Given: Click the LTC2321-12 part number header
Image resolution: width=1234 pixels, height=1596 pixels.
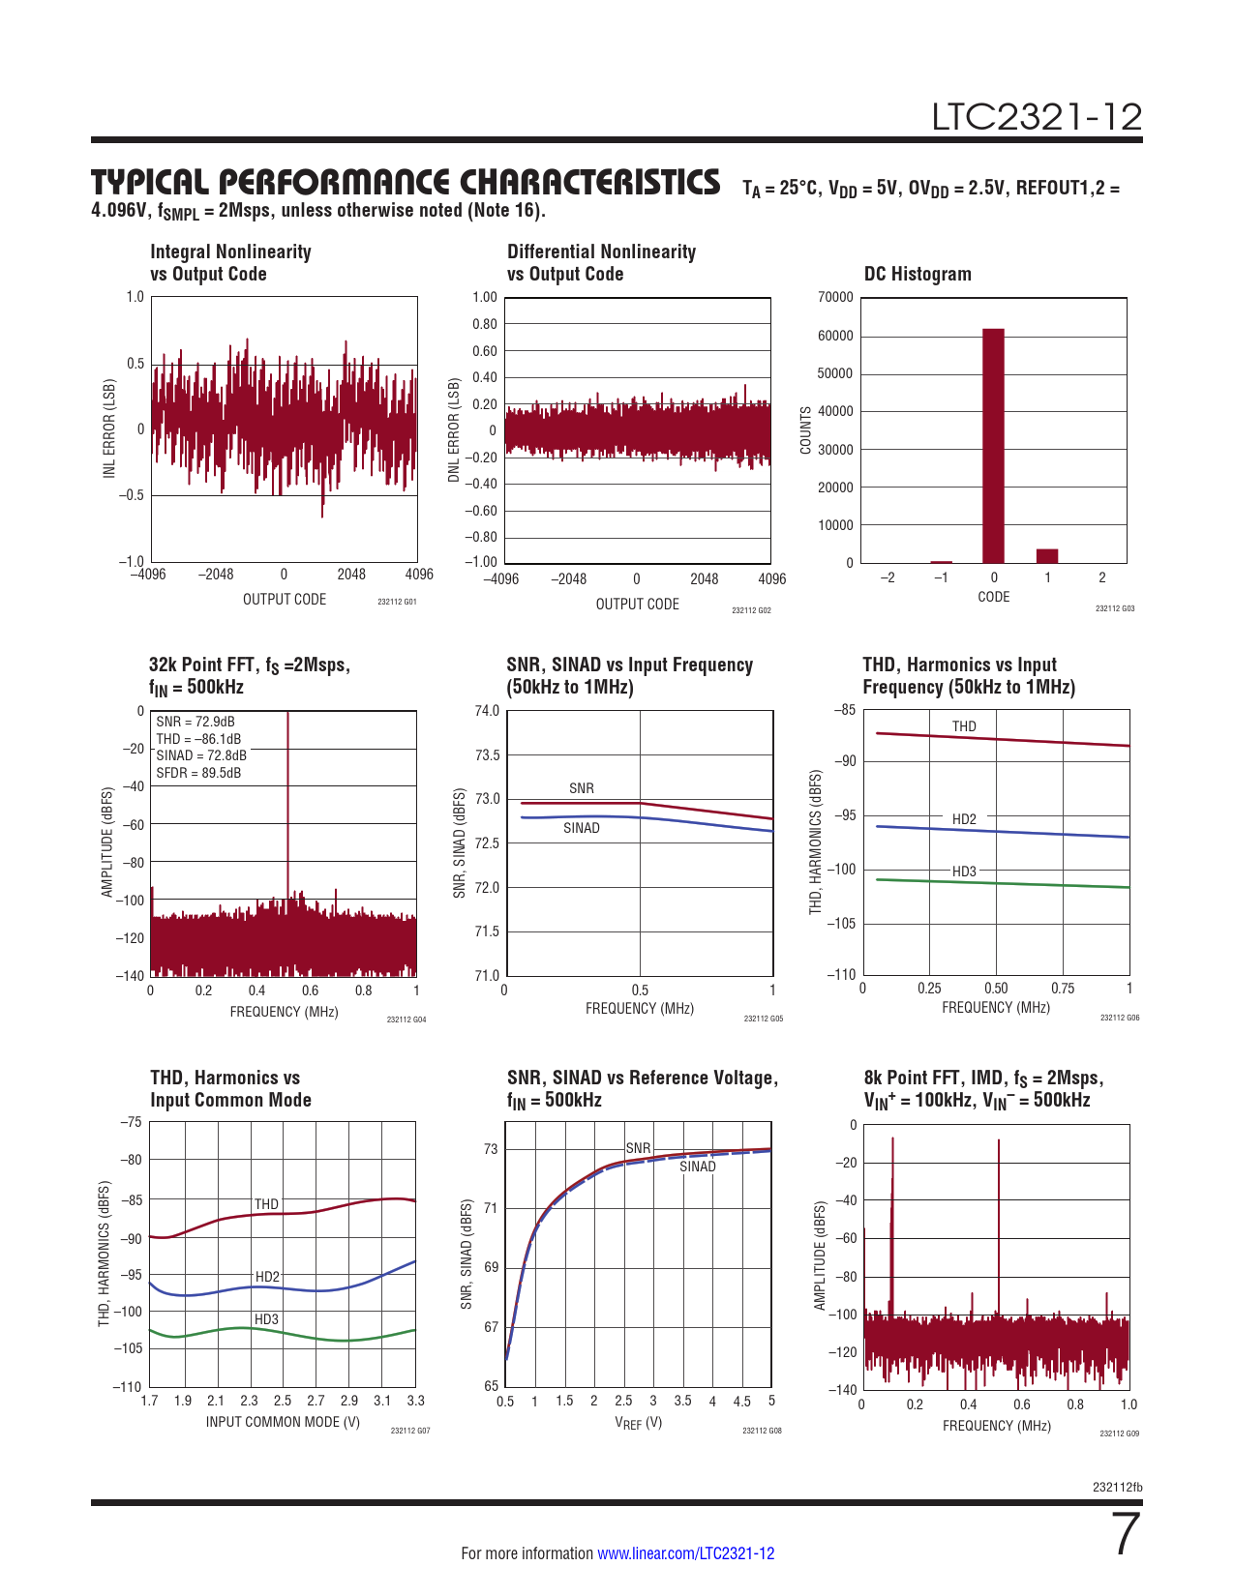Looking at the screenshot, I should point(1037,117).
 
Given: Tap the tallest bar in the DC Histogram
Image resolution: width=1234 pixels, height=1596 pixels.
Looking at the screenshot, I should point(993,445).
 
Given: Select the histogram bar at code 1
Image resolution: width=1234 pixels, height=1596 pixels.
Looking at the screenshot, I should point(1047,555).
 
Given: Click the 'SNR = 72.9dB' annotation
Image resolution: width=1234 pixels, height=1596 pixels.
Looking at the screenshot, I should point(196,722).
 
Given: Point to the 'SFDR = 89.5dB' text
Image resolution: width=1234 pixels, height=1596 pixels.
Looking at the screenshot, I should point(198,773).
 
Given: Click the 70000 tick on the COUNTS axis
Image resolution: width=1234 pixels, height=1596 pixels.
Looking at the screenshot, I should point(835,297).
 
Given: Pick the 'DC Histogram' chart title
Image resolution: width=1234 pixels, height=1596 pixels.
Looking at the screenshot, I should point(918,274).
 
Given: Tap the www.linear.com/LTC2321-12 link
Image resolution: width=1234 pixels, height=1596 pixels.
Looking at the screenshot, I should point(685,1553).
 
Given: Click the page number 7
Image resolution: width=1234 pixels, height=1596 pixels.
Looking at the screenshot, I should point(1127,1534).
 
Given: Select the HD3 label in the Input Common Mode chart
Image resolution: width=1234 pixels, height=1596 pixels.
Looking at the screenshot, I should point(266,1319).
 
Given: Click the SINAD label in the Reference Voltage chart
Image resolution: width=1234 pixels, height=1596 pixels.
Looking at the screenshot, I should point(697,1167).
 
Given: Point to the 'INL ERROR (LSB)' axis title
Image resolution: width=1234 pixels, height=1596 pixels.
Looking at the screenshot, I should point(109,428).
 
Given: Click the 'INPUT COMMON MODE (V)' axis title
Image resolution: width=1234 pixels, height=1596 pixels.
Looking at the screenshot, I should point(283,1422).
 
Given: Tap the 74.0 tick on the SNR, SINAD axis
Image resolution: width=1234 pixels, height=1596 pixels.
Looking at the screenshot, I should point(487,711).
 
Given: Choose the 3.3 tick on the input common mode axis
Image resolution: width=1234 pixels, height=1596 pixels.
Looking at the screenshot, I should point(415,1401).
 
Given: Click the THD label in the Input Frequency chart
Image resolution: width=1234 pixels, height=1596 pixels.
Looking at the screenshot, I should point(964,726).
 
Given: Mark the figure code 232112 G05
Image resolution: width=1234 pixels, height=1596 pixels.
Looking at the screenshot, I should point(763,1019).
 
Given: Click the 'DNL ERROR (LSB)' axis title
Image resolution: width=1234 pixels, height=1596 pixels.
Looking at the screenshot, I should point(454,430).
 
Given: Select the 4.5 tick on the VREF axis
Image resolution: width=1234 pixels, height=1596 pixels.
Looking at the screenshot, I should point(741,1401).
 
